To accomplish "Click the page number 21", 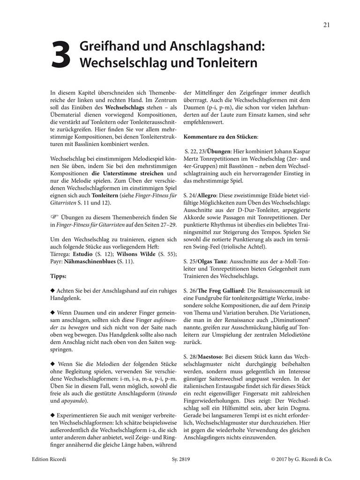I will (326, 25).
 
